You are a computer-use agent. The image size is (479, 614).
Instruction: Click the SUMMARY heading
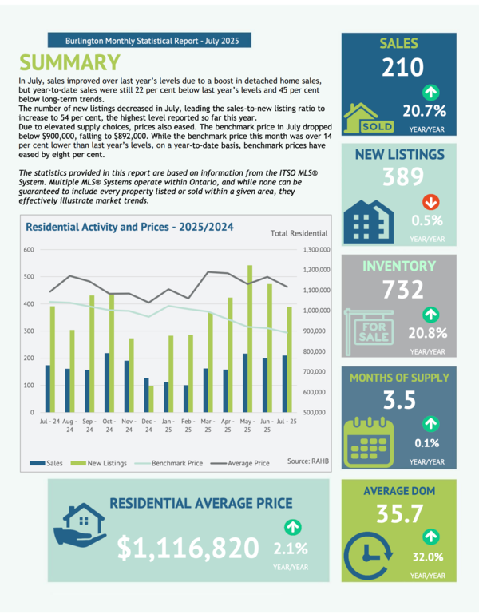tap(70, 63)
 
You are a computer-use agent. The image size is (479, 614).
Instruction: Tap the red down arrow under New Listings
tap(430, 202)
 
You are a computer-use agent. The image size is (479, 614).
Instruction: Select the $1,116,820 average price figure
tap(188, 548)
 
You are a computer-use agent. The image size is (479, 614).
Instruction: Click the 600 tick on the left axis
tap(28, 250)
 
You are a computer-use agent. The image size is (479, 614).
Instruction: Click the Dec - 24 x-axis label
tap(148, 425)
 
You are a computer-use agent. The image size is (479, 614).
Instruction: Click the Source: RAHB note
tap(308, 461)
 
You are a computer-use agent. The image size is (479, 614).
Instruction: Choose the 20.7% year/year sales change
tap(430, 110)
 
